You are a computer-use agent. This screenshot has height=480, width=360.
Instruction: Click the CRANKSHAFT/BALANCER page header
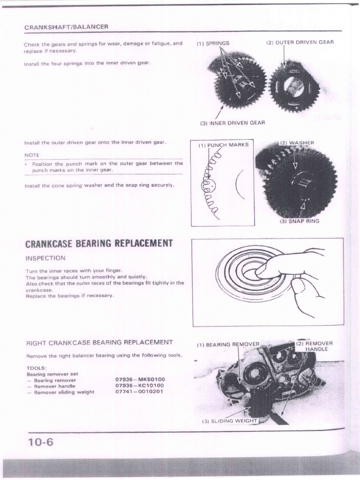click(66, 27)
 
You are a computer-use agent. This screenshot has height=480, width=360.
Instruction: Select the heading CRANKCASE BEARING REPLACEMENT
click(98, 243)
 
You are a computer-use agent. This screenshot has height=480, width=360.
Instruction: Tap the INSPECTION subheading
click(45, 258)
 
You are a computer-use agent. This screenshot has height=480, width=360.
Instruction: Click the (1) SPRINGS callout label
click(213, 43)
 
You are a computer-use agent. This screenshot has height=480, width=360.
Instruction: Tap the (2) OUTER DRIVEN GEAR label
click(300, 43)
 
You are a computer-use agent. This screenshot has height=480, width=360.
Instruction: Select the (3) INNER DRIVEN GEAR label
click(232, 123)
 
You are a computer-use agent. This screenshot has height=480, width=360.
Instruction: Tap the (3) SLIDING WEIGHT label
click(230, 421)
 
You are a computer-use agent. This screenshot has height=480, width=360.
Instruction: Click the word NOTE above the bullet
click(32, 155)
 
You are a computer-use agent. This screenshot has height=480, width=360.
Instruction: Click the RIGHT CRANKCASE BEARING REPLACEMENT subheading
click(99, 342)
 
